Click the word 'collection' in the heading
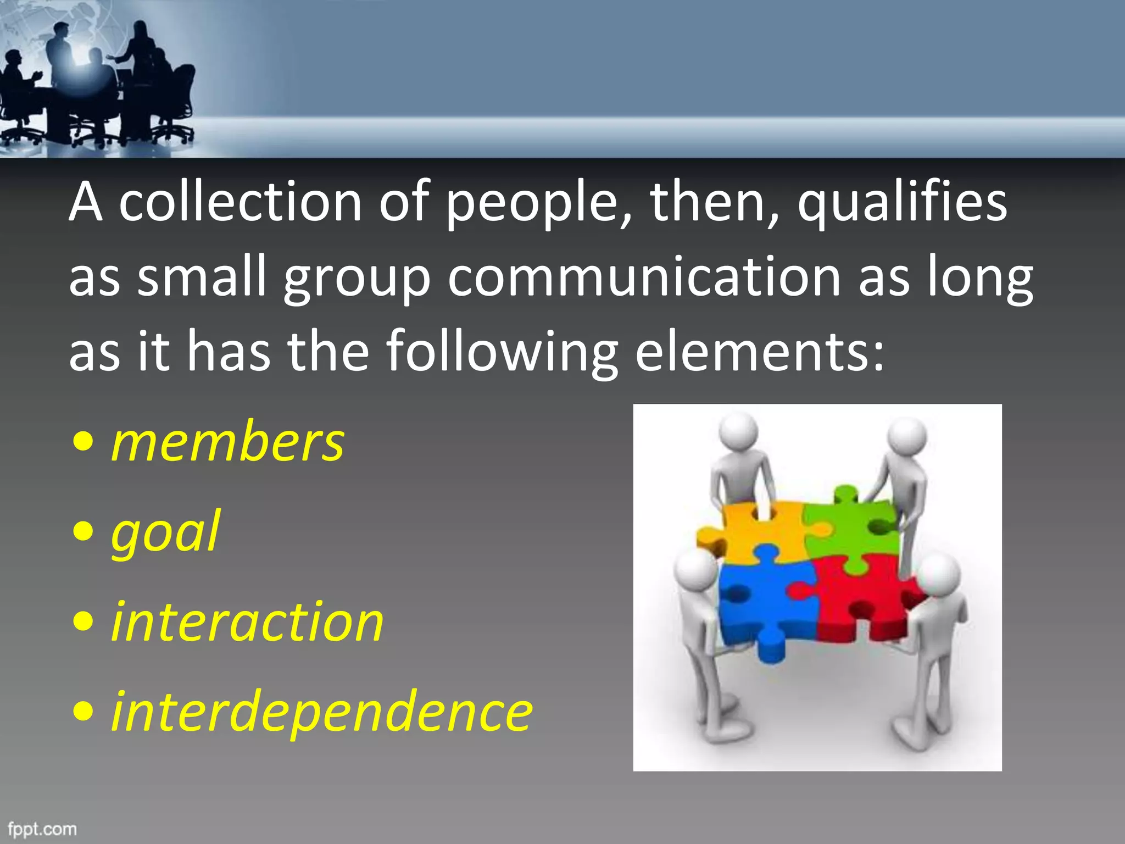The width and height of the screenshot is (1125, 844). tap(240, 202)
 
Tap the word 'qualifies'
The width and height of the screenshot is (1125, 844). tap(902, 203)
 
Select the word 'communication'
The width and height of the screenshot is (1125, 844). tap(644, 277)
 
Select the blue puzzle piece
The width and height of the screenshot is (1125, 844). tap(766, 604)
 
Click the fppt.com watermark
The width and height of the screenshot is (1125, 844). tap(42, 829)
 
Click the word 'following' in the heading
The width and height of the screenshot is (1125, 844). tap(502, 352)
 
